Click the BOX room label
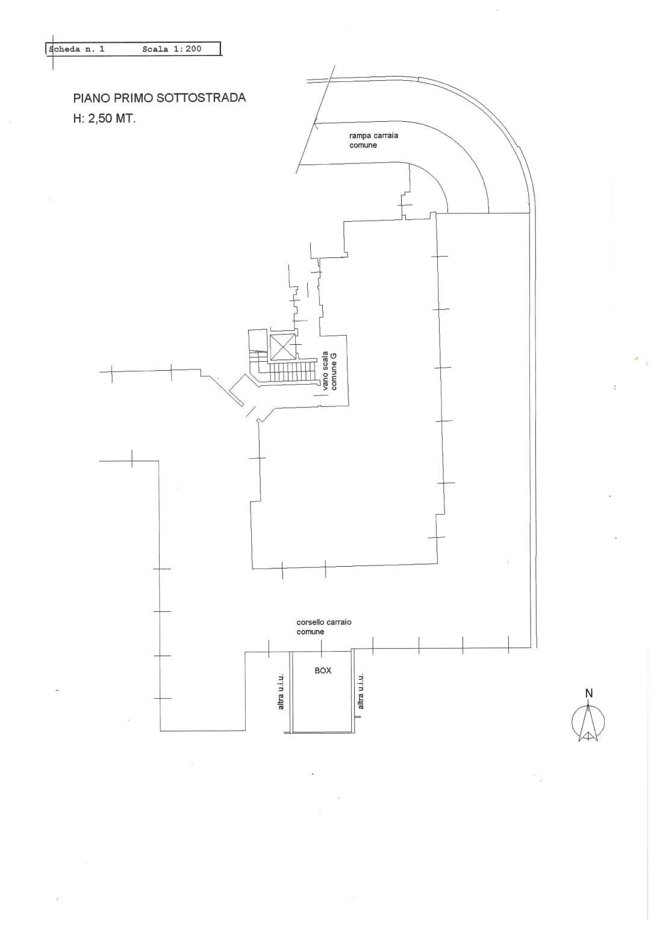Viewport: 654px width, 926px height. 323,670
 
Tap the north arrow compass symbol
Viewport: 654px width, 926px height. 588,721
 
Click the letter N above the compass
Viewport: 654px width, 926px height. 589,693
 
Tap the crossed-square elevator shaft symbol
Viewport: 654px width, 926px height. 282,347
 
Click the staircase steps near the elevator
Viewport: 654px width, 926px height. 292,371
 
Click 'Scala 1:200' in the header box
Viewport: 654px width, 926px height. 172,49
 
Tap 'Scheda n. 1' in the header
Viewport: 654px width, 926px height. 77,49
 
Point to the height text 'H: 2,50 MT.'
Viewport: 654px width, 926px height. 104,119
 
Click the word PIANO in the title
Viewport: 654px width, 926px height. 89,98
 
